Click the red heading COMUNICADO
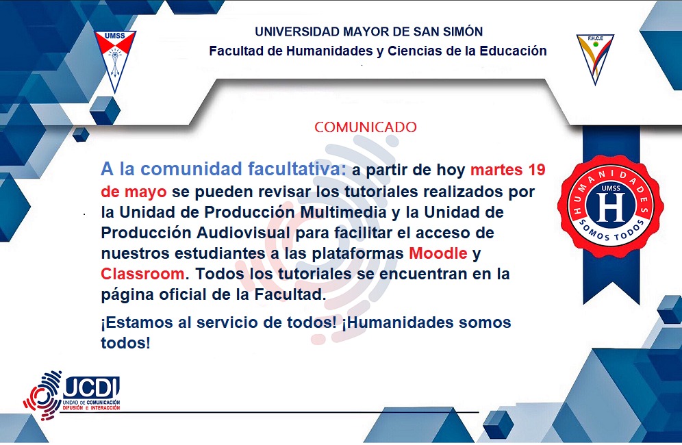tap(366, 127)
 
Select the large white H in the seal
tap(611, 207)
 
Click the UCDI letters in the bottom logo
tap(91, 387)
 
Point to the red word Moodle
tap(438, 253)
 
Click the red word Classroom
tap(142, 274)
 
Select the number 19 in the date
tap(537, 170)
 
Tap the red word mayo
tap(145, 192)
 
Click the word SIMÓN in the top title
tap(463, 31)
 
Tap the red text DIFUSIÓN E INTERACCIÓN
tap(91, 408)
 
